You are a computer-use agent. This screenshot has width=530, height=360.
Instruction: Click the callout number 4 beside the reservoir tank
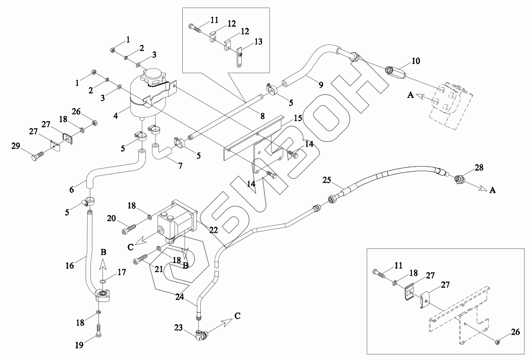tap(116, 116)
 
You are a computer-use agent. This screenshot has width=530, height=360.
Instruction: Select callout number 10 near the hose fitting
tap(416, 61)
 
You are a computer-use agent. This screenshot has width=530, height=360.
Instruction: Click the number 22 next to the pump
tap(214, 230)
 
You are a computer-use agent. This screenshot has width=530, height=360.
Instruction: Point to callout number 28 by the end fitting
tap(479, 167)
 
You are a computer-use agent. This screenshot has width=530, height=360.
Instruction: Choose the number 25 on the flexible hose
tap(327, 180)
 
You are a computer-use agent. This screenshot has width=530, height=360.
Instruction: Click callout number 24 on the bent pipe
tap(180, 297)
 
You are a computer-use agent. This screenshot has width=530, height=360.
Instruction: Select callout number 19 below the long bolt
tap(79, 346)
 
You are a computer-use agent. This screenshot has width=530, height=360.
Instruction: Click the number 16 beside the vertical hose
tap(70, 266)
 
